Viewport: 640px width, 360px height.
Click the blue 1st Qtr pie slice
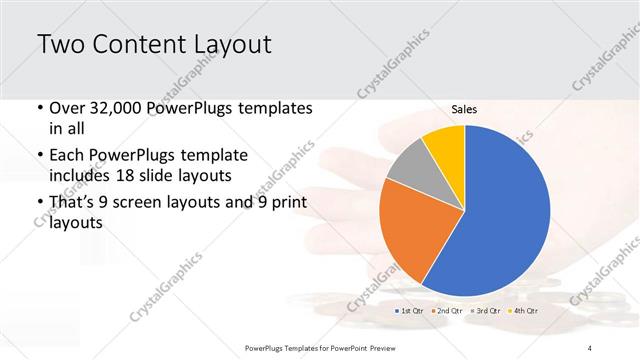(x=500, y=215)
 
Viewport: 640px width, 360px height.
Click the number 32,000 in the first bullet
(x=115, y=108)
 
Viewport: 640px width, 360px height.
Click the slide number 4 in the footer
(x=590, y=347)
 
